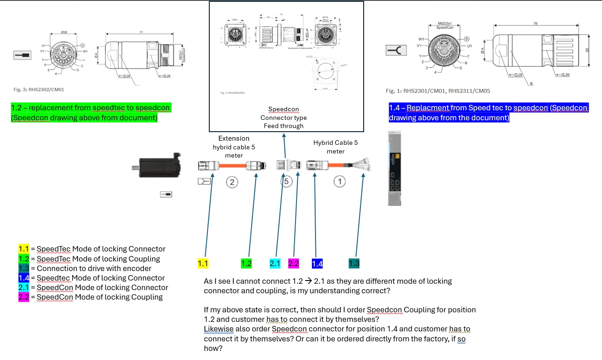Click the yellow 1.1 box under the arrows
203,263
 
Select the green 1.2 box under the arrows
246,263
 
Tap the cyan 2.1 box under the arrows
275,263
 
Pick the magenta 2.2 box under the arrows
294,263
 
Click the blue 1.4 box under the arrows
317,263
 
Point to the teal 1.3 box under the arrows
354,263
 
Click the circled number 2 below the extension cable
232,182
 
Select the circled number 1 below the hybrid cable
340,182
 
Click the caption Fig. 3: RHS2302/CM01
39,89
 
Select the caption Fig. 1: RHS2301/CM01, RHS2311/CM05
438,91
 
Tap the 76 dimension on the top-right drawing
535,23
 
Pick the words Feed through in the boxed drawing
283,126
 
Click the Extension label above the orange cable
234,138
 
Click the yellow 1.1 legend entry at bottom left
23,249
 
